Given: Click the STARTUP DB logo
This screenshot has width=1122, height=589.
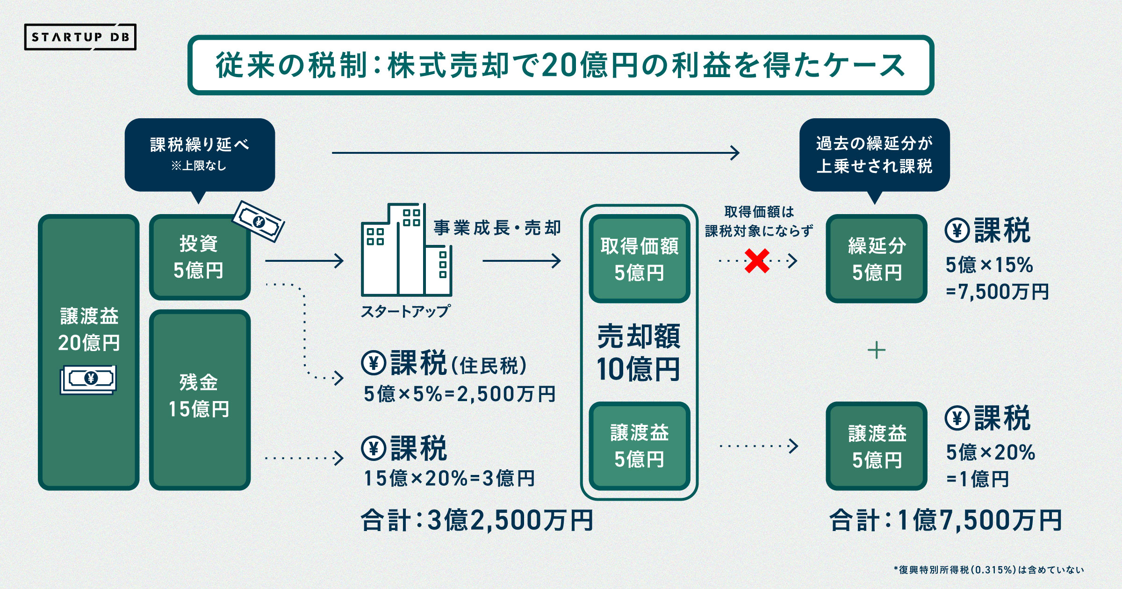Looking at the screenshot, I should (x=80, y=37).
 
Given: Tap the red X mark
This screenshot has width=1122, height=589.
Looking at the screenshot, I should (x=757, y=261).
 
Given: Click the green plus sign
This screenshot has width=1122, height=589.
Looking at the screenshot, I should (x=876, y=350).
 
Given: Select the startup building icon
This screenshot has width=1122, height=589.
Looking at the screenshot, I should (x=406, y=250).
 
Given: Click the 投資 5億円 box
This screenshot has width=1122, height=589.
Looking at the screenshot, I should (x=200, y=257).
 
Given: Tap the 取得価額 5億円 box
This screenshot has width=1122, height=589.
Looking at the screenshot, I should (x=639, y=259).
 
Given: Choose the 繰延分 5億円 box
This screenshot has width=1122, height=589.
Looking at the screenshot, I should (x=876, y=259).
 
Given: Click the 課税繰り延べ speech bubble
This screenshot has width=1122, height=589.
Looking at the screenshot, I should (x=200, y=154).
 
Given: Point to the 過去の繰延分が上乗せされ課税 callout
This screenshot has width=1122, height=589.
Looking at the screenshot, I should (x=874, y=154).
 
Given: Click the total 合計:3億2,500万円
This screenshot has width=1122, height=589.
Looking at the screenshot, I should (x=477, y=520).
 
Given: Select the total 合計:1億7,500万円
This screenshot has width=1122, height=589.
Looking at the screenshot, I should (x=945, y=520).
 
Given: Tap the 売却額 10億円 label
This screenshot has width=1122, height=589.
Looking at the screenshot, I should (x=639, y=352).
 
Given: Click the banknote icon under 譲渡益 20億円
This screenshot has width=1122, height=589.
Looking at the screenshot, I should (x=88, y=379).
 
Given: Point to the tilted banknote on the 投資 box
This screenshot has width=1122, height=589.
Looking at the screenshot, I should (x=259, y=221).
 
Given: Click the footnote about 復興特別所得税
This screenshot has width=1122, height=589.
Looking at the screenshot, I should (x=988, y=570).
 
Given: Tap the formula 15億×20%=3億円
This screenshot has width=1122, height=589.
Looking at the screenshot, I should (x=449, y=478).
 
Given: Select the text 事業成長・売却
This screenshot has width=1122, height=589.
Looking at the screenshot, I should (x=497, y=228).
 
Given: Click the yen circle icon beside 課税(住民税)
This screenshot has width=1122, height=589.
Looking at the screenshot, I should (x=374, y=363).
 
